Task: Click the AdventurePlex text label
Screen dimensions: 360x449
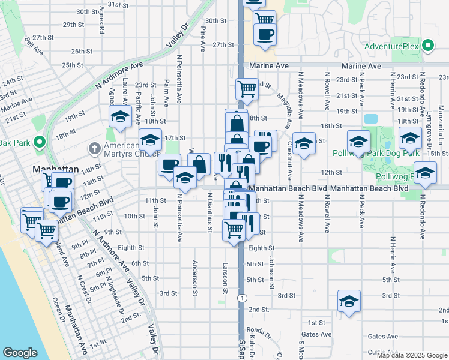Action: pos(392,46)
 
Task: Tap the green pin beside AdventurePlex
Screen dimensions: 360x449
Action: pos(428,46)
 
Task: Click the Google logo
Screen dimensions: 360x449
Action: pos(20,352)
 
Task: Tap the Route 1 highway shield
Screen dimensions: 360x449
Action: pos(241,298)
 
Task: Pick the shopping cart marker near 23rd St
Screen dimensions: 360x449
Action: pos(247,89)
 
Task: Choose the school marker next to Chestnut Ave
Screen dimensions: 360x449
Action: pos(304,143)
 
